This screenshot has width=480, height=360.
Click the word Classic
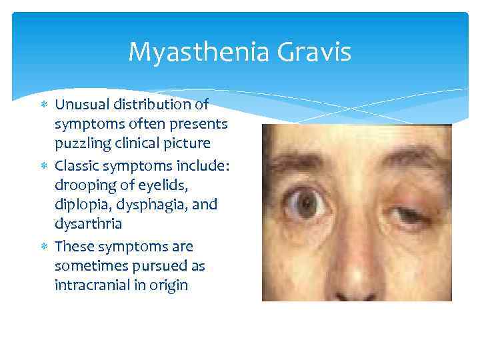(x=77, y=164)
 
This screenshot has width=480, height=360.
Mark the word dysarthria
(x=88, y=225)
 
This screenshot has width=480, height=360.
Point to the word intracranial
(x=94, y=285)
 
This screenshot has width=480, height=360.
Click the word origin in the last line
(x=170, y=285)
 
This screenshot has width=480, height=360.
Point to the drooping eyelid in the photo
(x=405, y=199)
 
